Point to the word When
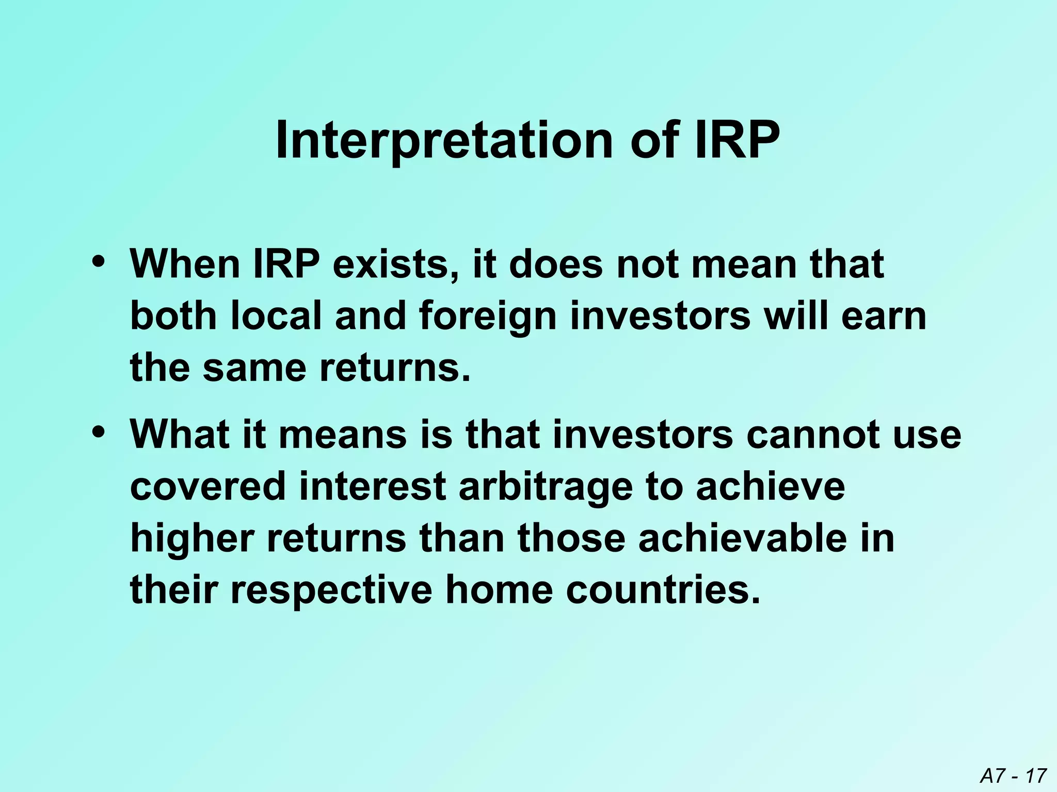click(x=185, y=264)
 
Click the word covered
click(x=208, y=486)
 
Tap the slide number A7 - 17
click(x=1013, y=775)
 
